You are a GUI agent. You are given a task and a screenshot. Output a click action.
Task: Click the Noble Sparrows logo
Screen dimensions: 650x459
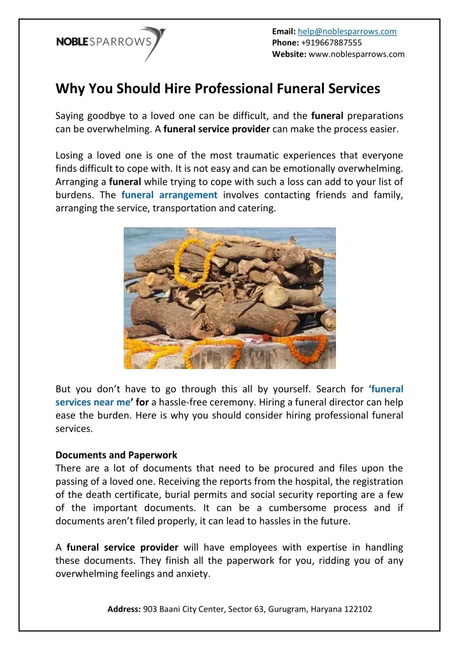click(x=111, y=43)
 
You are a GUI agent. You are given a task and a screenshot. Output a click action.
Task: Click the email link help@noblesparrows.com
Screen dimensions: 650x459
click(x=347, y=31)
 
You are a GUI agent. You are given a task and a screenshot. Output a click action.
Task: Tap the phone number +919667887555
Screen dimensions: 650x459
click(x=330, y=43)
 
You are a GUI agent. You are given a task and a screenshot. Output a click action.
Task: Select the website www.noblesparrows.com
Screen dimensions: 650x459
click(x=356, y=54)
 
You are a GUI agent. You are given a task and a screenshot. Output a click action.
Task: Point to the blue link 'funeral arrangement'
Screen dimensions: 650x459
click(x=170, y=195)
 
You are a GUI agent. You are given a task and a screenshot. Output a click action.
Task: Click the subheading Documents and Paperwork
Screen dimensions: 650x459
click(x=116, y=455)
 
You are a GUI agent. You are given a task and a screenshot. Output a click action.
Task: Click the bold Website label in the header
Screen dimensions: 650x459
click(x=289, y=54)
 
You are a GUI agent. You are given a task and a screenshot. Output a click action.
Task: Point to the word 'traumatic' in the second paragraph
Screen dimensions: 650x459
click(x=254, y=155)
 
